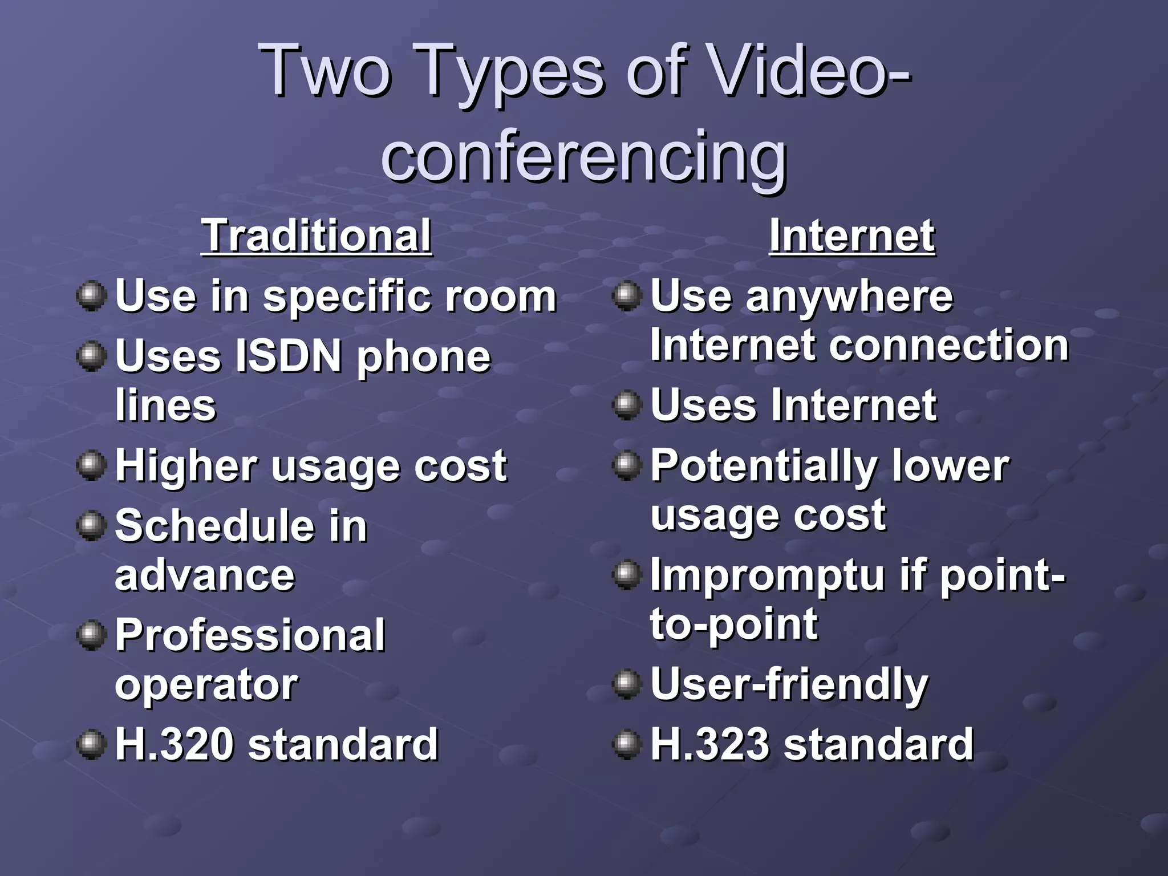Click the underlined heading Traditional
point(317,236)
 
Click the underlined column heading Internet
point(852,236)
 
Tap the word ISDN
point(288,356)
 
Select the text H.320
point(175,744)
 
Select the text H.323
point(710,744)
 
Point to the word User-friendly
point(789,684)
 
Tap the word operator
point(206,684)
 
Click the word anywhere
point(849,297)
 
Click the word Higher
point(186,466)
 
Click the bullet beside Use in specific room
point(91,295)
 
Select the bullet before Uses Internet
point(627,404)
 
